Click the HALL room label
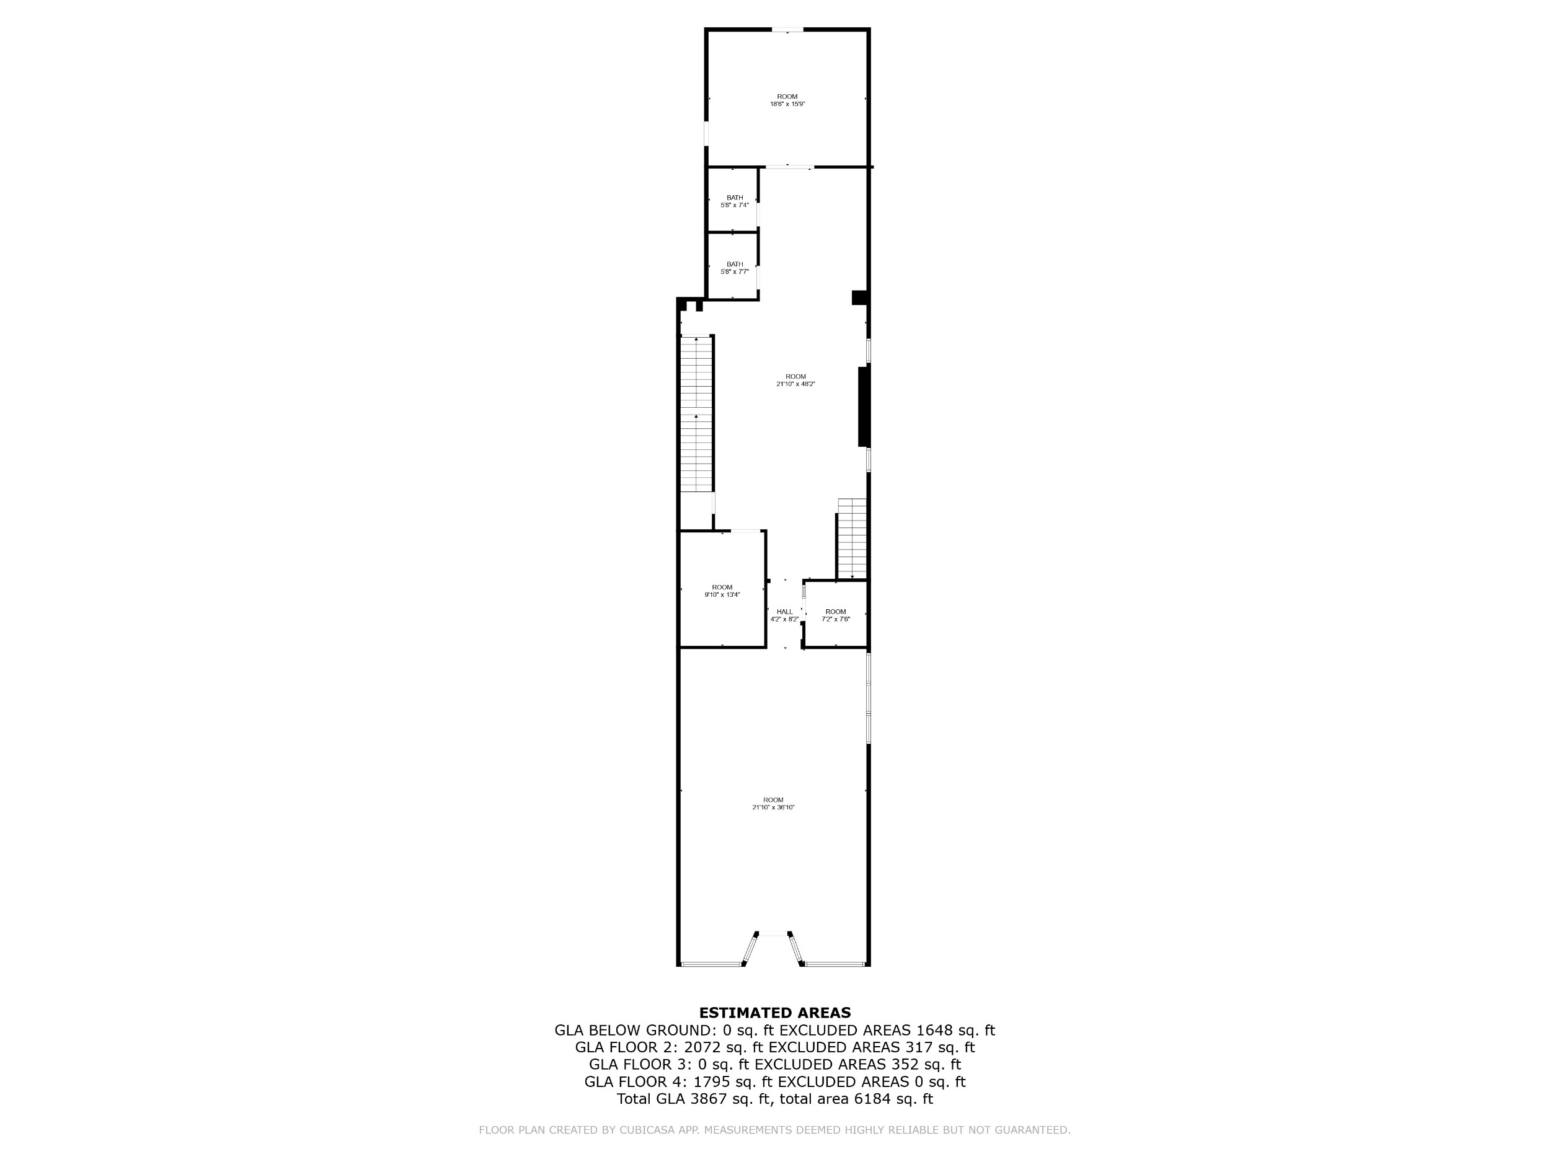pos(785,612)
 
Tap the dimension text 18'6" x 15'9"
pos(787,104)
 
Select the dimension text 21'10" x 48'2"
pos(796,384)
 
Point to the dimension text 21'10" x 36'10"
pos(774,808)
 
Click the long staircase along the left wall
pos(696,414)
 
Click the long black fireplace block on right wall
pos(864,407)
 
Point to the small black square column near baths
pos(860,297)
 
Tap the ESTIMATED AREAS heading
pos(775,1012)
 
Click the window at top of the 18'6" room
pos(787,29)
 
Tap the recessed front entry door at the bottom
pos(773,934)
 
